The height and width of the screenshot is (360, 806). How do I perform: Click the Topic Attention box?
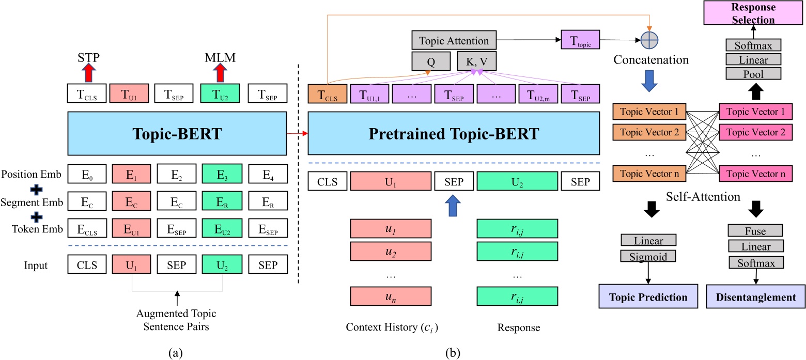[x=454, y=40]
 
